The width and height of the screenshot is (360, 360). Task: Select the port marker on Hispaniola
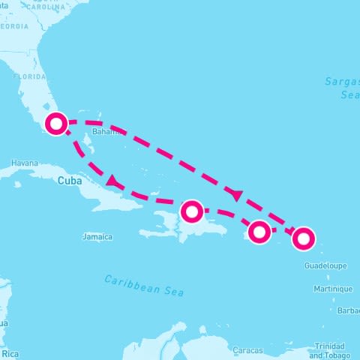coord(192,211)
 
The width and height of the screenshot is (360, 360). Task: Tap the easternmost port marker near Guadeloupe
coord(303,238)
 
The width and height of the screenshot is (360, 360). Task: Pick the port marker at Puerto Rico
coord(259,232)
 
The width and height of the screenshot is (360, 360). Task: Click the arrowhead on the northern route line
coord(238,195)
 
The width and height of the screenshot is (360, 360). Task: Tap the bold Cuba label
coord(68,180)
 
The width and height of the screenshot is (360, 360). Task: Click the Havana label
coord(25,163)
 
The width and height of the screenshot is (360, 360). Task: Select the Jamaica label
coord(97,237)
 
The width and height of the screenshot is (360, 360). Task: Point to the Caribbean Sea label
coord(143,285)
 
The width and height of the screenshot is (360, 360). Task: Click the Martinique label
coord(333,289)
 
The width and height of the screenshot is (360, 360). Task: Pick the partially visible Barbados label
coord(349,310)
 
